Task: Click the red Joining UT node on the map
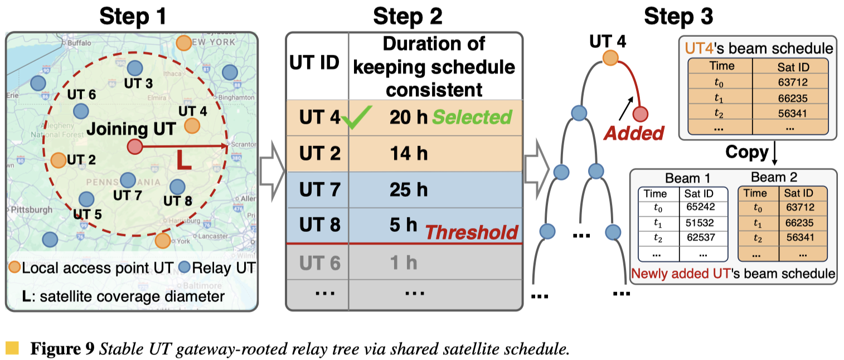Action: coord(134,147)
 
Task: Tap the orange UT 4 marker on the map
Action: coord(192,126)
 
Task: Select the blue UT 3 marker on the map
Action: coord(134,69)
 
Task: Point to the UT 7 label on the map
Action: coord(128,196)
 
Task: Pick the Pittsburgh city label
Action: coord(30,210)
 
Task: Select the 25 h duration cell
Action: coord(409,189)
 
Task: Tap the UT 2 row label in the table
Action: coord(319,153)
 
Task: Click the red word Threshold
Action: coord(471,232)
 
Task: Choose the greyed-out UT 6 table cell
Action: coord(319,262)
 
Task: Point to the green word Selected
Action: coord(472,118)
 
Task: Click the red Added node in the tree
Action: coord(641,114)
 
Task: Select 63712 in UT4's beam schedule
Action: coord(789,83)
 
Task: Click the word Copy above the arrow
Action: coord(746,152)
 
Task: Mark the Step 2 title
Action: coord(408,17)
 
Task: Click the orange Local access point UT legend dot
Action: coord(15,267)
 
